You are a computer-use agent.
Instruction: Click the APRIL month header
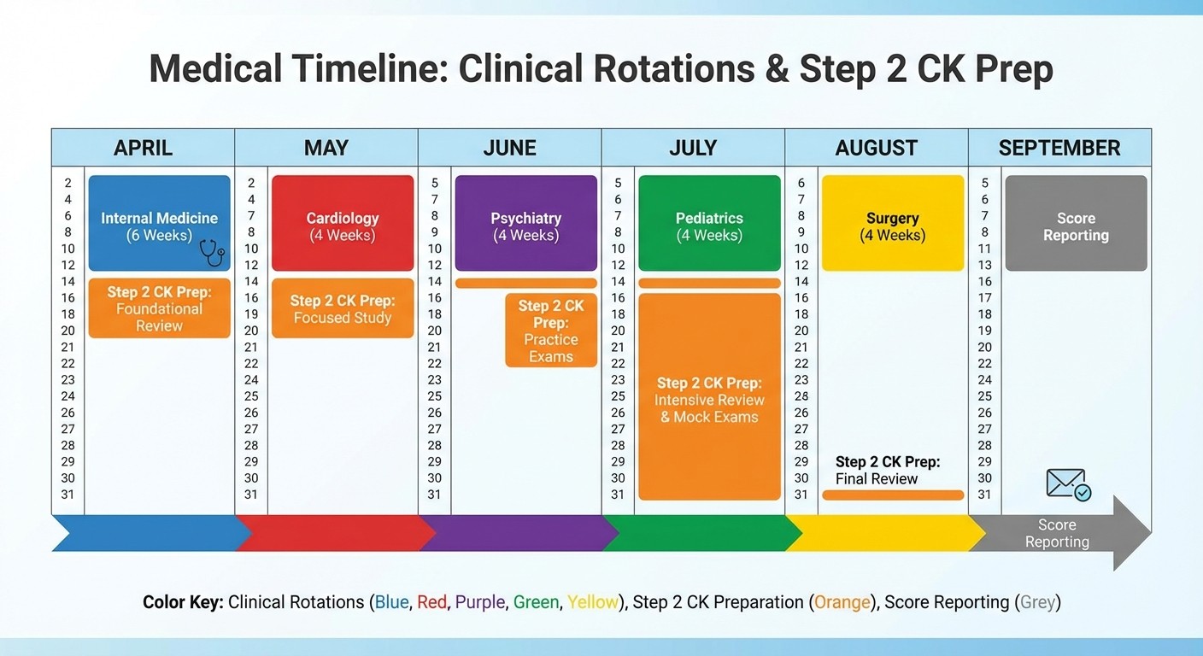[143, 148]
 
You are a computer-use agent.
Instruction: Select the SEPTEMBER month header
[1059, 148]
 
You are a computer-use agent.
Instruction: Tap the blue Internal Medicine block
[159, 223]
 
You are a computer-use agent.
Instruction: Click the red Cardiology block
[342, 223]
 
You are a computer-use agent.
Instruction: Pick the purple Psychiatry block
[525, 223]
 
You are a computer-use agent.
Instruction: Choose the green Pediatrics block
[709, 223]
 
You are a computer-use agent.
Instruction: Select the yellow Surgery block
[892, 223]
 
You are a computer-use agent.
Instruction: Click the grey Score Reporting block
[1076, 223]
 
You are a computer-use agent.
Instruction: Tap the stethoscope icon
[211, 252]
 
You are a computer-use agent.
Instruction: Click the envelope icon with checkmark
[1068, 484]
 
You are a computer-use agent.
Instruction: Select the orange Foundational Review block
[159, 308]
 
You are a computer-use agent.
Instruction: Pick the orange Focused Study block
[342, 308]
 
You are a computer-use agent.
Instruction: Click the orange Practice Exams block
[551, 331]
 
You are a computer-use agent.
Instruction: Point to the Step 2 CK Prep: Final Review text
[888, 470]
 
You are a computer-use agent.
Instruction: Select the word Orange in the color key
[842, 602]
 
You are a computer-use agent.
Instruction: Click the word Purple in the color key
[479, 602]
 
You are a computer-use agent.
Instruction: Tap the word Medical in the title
[214, 69]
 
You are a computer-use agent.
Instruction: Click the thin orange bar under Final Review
[893, 495]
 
